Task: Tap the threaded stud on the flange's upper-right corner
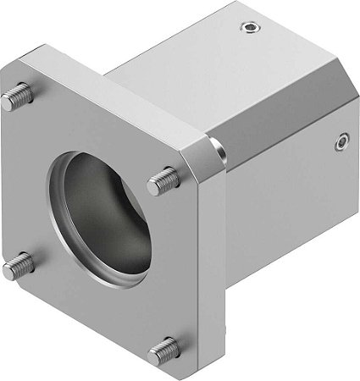click(165, 179)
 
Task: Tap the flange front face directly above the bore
click(93, 135)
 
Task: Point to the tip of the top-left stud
click(7, 102)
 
